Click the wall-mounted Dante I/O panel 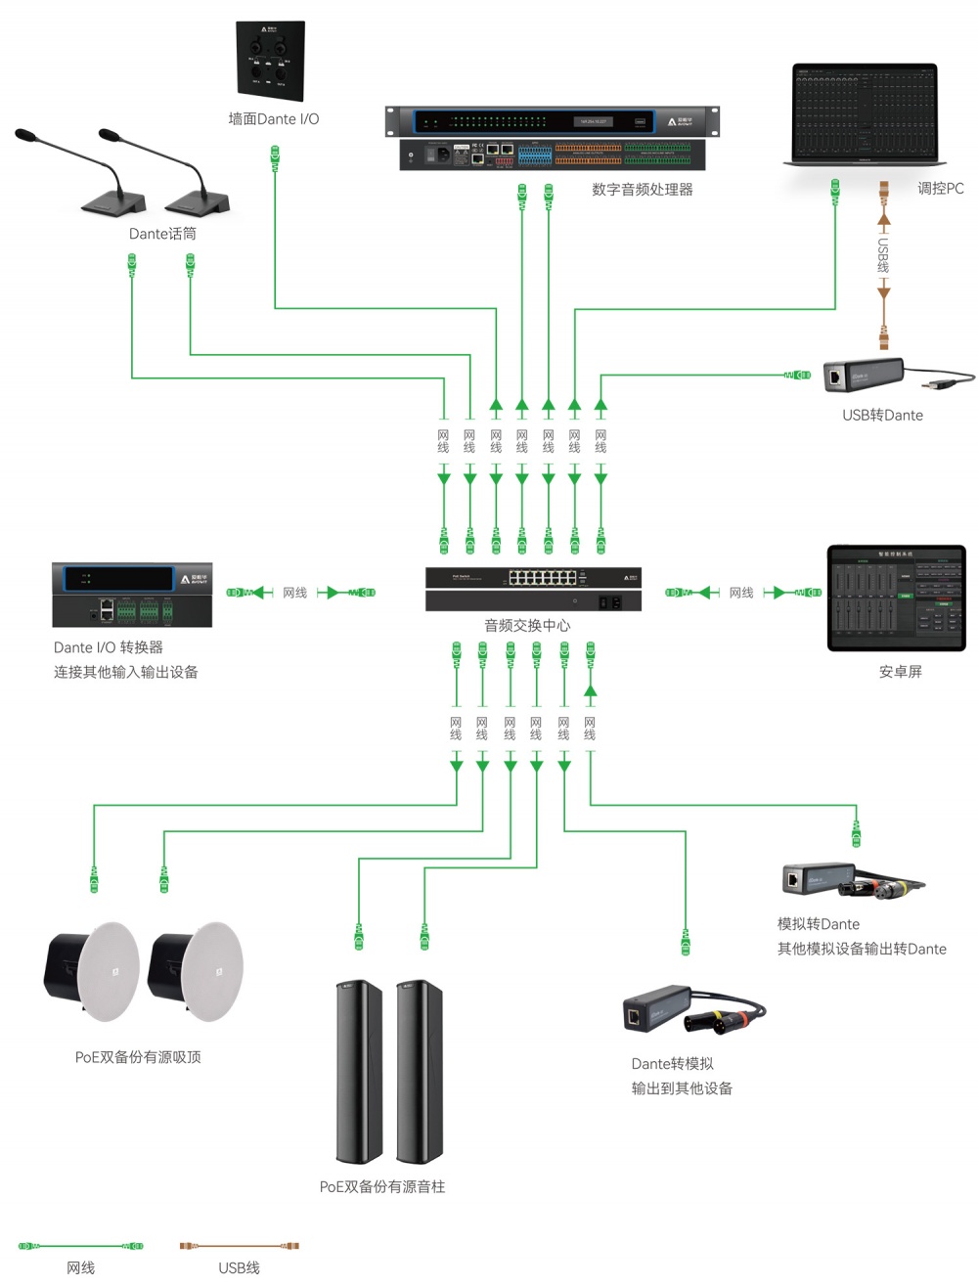point(270,61)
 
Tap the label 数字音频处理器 point(642,190)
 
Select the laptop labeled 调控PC point(865,115)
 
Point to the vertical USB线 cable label point(883,255)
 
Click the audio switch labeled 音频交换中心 point(533,589)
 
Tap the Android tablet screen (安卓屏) point(896,599)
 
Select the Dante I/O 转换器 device point(132,595)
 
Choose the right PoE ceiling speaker point(196,972)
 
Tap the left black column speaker point(359,1071)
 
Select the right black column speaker point(420,1071)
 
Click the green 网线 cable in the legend point(80,1246)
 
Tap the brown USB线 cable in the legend point(239,1246)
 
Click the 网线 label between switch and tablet point(740,593)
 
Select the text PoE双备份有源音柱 point(382,1186)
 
